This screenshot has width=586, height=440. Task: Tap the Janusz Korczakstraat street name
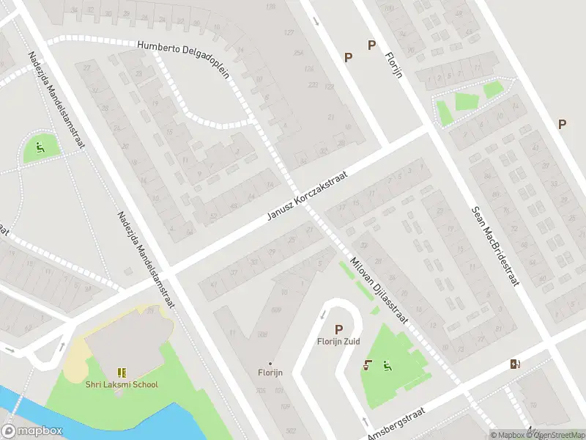[305, 197]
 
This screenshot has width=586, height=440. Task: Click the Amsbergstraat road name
[401, 424]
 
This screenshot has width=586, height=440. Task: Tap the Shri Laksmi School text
[121, 384]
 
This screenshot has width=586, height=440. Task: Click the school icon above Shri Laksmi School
[121, 373]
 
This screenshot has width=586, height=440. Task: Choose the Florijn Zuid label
[338, 342]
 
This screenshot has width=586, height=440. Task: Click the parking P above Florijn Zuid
[338, 330]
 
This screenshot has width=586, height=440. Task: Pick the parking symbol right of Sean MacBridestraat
[562, 124]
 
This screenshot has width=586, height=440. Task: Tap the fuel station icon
[516, 364]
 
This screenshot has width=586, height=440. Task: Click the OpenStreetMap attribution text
[560, 435]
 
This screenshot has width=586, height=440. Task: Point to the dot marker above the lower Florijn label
[270, 363]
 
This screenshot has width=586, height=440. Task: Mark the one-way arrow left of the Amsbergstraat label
[364, 421]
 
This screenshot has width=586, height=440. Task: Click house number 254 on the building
[298, 54]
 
